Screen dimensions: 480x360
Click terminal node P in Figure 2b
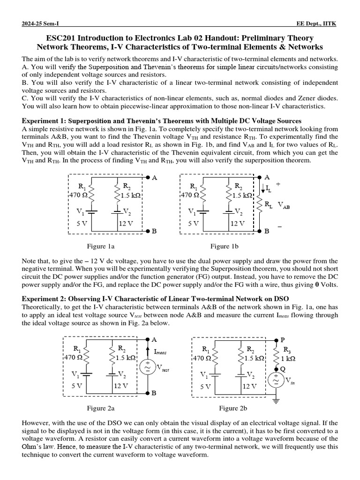[276, 339]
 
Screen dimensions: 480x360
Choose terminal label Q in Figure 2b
[282, 368]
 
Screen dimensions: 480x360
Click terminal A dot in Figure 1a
[148, 178]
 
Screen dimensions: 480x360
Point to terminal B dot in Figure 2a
[148, 393]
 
